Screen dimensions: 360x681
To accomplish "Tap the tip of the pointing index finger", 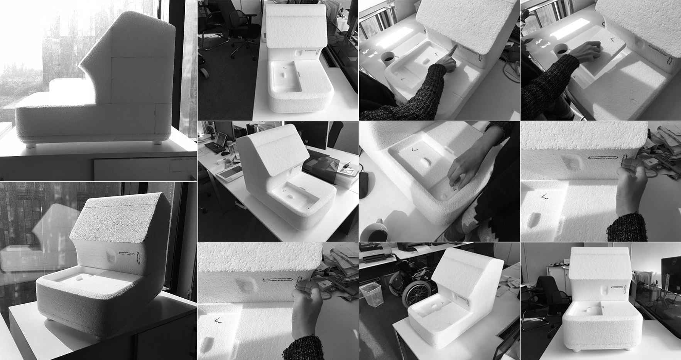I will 456,46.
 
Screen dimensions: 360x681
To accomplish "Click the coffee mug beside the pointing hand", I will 389,58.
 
